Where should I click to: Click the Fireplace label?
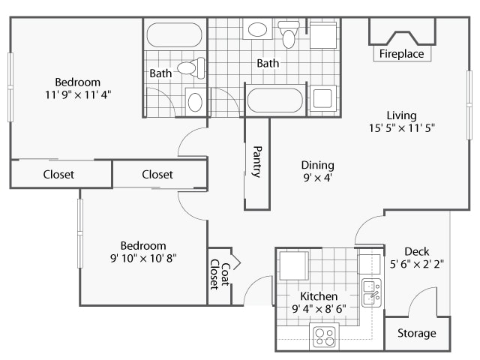(401, 54)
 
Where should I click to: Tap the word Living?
(401, 115)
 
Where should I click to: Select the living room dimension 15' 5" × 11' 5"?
(401, 127)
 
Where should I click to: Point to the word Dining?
(317, 165)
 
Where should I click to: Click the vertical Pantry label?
(256, 161)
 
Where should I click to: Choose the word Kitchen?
(319, 296)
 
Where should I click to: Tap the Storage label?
(417, 333)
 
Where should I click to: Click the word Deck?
(416, 251)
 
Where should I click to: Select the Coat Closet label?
(218, 274)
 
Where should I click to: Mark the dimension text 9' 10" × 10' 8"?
(144, 258)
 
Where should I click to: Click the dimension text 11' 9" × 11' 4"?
(77, 94)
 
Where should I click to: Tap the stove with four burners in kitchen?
(325, 336)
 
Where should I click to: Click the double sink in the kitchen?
(371, 292)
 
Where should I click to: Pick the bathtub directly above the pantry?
(275, 100)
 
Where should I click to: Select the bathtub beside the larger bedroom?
(174, 35)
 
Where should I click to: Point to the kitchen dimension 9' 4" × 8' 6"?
(319, 308)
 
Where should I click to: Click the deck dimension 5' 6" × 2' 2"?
(416, 264)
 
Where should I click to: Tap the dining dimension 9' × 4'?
(317, 178)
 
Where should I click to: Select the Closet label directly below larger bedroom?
(58, 175)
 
